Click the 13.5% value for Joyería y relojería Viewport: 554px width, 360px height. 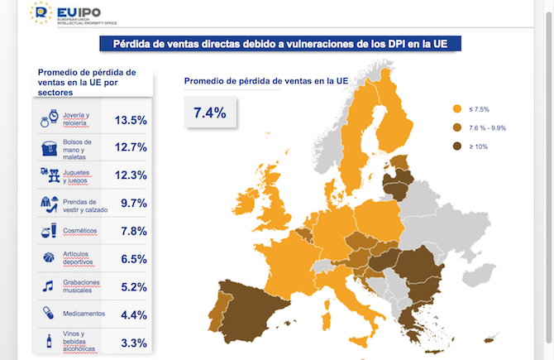pos(131,120)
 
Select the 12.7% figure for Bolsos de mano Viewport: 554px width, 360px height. pos(131,147)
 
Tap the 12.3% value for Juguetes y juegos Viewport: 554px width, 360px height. pos(131,175)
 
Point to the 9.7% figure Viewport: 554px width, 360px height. pos(133,203)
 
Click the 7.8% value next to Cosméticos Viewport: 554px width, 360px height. pos(133,231)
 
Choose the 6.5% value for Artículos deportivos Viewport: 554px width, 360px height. pos(133,259)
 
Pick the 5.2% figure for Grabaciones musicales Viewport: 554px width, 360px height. pos(133,287)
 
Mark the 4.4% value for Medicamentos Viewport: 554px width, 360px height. pos(133,314)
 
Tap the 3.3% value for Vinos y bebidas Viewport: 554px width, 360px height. pos(133,343)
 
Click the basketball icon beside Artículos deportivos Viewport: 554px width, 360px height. pos(48,258)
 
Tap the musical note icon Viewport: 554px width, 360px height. pos(48,286)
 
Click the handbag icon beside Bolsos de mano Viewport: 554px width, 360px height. pos(48,147)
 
